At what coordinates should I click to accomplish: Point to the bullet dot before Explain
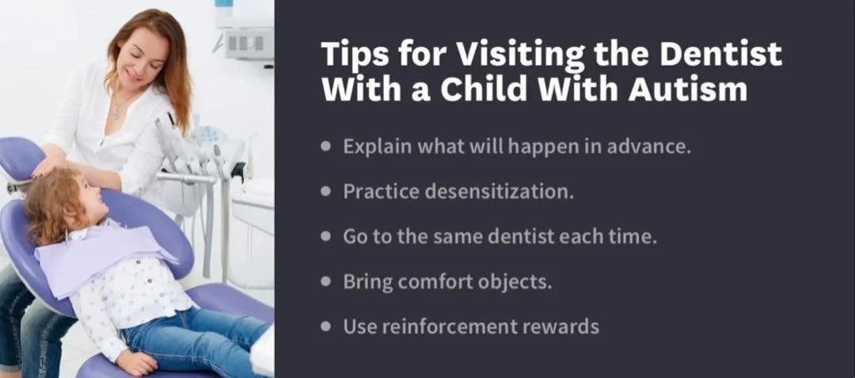pyautogui.click(x=327, y=147)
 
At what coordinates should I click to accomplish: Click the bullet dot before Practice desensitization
pyautogui.click(x=327, y=191)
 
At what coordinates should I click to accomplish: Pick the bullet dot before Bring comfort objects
pyautogui.click(x=327, y=281)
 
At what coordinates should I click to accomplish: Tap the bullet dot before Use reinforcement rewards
pyautogui.click(x=327, y=326)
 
